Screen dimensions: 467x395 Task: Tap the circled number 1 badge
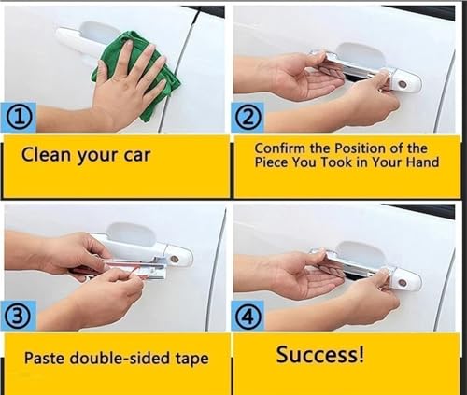tap(19, 119)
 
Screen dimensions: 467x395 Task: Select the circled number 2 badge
tap(248, 119)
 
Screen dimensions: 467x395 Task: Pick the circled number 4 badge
tap(248, 316)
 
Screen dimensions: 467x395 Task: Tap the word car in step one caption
tap(137, 155)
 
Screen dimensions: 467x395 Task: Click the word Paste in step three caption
tap(45, 358)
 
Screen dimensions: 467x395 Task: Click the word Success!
tap(320, 354)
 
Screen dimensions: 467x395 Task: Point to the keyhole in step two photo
tap(403, 84)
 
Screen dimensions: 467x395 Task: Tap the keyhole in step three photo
tap(175, 259)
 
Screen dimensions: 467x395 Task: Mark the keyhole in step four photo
tap(403, 283)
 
